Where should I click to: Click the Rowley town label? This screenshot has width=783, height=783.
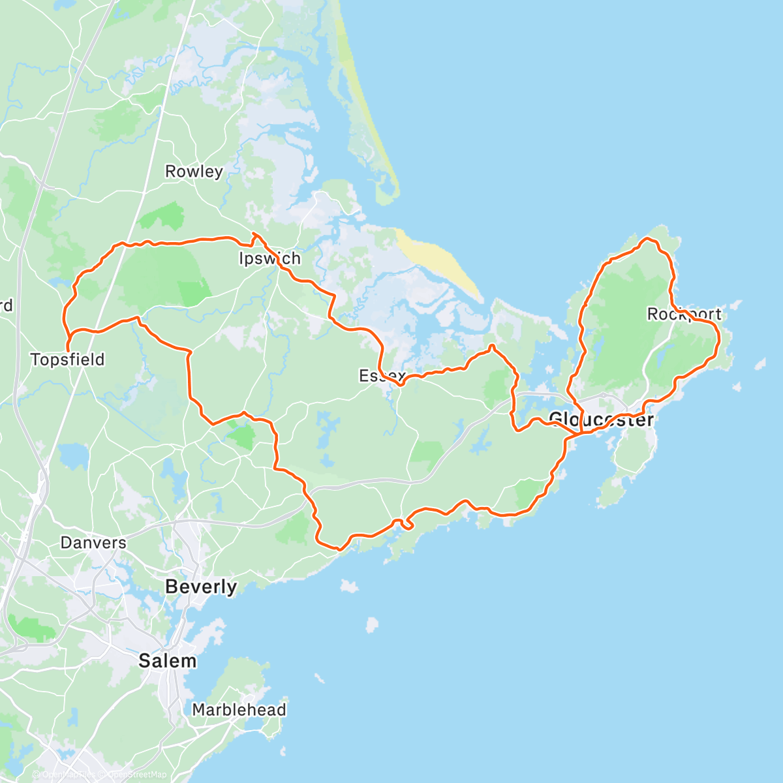194,172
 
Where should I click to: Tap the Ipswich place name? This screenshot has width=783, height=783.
269,259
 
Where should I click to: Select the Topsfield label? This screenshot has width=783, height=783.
67,360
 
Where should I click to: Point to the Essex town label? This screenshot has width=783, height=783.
382,376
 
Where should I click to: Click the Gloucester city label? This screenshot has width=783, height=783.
601,419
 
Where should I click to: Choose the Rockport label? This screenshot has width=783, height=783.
684,315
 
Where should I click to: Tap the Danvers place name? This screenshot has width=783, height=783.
93,543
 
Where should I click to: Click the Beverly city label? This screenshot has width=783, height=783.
201,587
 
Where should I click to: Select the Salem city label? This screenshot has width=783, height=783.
167,661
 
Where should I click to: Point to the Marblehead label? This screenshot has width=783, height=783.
239,710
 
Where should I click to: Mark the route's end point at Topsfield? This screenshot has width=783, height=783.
67,351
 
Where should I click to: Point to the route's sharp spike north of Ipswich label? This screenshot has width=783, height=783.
254,234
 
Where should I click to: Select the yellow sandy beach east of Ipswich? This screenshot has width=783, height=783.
437,264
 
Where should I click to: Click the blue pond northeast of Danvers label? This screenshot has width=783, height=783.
73,455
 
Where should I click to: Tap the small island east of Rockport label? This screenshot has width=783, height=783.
760,363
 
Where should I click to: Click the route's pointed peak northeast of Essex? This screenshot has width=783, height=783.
492,346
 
